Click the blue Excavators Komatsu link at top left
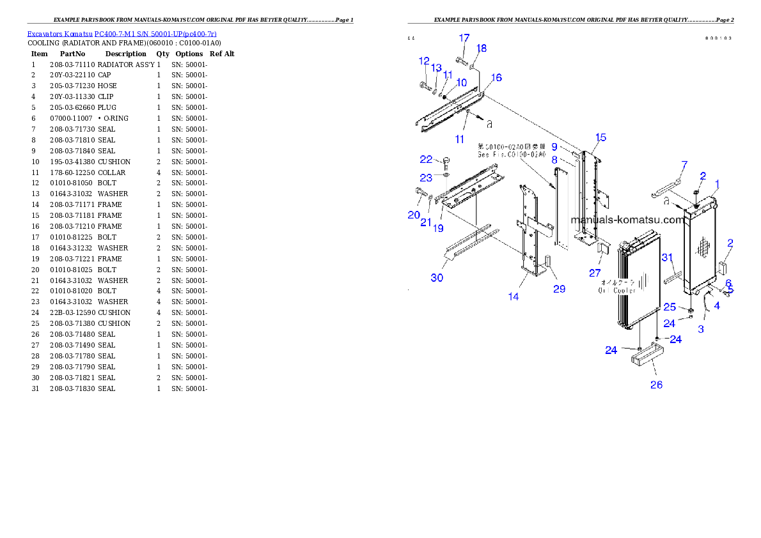point(122,33)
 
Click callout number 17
point(464,38)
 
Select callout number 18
point(481,49)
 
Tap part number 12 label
point(425,61)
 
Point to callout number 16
point(496,78)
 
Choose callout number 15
point(600,137)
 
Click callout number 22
point(426,159)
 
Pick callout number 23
point(426,178)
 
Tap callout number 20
point(414,215)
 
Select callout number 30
point(437,277)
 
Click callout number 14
point(514,296)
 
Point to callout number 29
point(559,289)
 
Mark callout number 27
point(595,273)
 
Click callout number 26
point(656,385)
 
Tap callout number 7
point(684,166)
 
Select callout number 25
point(669,307)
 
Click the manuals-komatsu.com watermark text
point(627,220)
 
